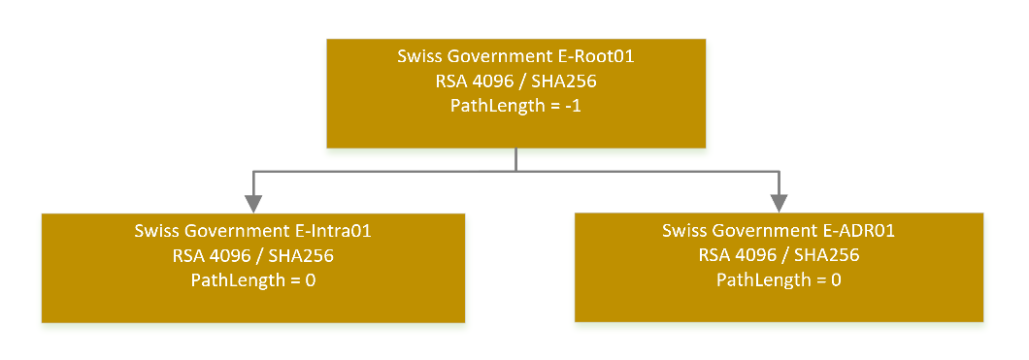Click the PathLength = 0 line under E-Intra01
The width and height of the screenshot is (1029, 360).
[x=253, y=281]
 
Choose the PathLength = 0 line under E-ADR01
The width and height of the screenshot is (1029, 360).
[x=779, y=281]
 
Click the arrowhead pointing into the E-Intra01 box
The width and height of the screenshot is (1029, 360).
[x=253, y=203]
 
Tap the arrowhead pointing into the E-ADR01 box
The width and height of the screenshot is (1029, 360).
[x=779, y=203]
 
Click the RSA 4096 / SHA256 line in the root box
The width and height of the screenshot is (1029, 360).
[x=515, y=82]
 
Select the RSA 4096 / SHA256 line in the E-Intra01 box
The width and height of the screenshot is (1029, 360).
[x=253, y=257]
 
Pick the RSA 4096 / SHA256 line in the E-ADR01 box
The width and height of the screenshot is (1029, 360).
[x=779, y=257]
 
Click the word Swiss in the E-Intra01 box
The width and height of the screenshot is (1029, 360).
[x=155, y=232]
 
